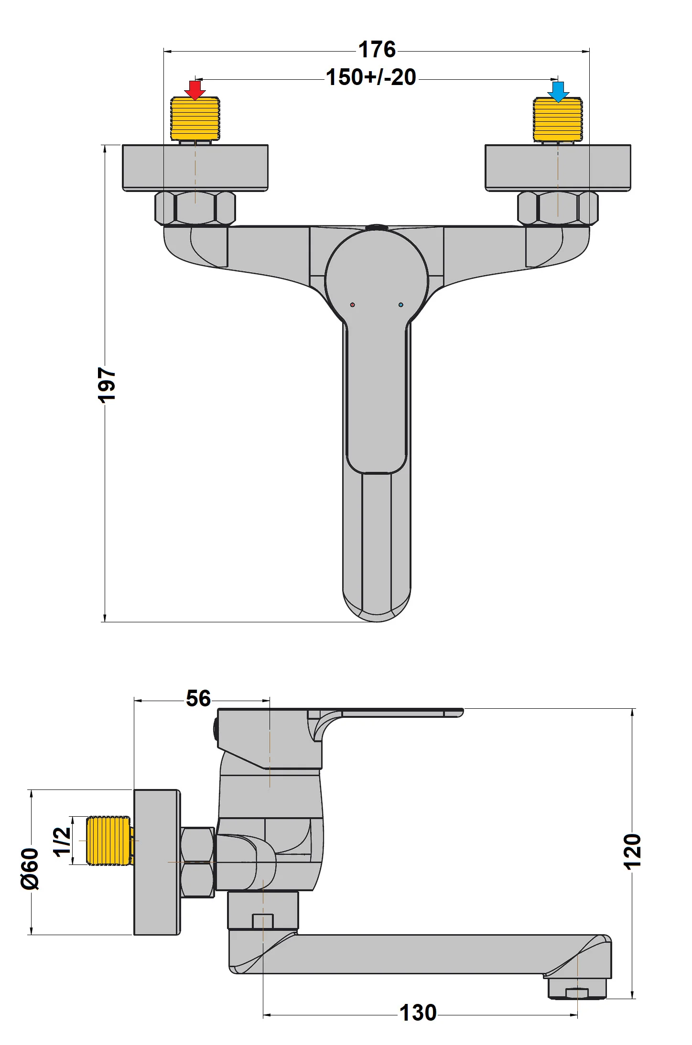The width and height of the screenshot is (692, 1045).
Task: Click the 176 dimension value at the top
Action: click(x=377, y=50)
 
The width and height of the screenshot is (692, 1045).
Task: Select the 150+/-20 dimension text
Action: click(x=371, y=77)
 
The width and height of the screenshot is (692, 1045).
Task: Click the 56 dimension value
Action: click(x=198, y=699)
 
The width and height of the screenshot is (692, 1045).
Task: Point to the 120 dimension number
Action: click(x=632, y=851)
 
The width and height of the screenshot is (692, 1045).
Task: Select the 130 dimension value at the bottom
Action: click(x=418, y=1013)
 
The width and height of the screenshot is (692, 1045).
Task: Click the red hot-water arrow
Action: click(x=195, y=90)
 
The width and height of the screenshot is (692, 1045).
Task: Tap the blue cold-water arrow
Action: click(x=558, y=91)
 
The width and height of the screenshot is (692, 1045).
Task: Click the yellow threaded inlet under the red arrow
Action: click(x=195, y=119)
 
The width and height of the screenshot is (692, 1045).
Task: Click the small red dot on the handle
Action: click(x=353, y=305)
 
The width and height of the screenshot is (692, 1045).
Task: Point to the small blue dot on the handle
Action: click(x=400, y=305)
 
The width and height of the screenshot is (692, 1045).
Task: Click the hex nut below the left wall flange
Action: click(x=195, y=208)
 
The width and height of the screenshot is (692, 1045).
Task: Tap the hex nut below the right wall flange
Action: click(x=558, y=208)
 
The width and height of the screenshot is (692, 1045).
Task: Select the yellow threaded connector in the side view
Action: click(x=108, y=841)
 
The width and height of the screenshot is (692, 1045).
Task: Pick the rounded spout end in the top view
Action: click(x=377, y=607)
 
